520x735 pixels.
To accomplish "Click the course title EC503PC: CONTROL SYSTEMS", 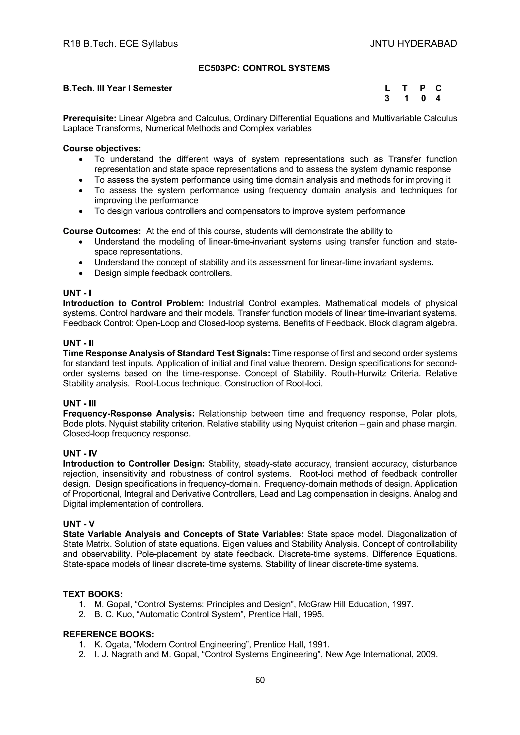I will click(x=264, y=68).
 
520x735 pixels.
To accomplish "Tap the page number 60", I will click(x=260, y=680).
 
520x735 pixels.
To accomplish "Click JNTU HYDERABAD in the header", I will click(x=413, y=44).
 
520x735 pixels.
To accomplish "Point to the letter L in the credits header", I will click(x=387, y=88).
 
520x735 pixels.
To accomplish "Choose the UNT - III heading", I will click(x=79, y=403).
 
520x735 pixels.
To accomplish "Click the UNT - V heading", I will click(x=79, y=524).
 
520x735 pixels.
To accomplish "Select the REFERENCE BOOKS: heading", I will click(x=109, y=634).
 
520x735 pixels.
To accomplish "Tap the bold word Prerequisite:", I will click(x=89, y=118).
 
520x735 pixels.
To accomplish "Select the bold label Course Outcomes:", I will click(x=102, y=231).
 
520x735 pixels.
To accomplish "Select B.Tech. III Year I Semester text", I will click(x=118, y=88).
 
